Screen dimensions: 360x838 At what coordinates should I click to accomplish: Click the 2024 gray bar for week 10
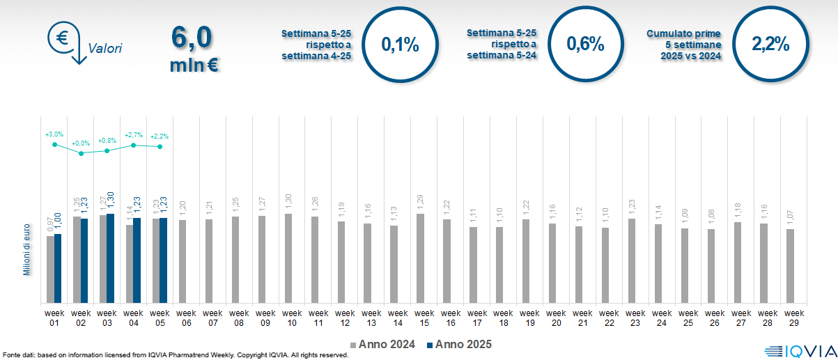pyautogui.click(x=288, y=258)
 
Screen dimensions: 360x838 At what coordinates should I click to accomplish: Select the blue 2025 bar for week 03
pyautogui.click(x=110, y=258)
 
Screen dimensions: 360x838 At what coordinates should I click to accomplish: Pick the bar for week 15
pyautogui.click(x=420, y=258)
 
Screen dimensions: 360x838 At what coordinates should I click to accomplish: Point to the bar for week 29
pyautogui.click(x=790, y=266)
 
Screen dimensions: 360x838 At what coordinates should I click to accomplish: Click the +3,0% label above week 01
pyautogui.click(x=54, y=134)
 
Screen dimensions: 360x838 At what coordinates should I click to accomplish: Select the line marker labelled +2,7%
pyautogui.click(x=133, y=145)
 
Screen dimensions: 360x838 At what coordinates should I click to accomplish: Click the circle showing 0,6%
pyautogui.click(x=585, y=45)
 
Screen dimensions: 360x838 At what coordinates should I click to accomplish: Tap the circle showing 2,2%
pyautogui.click(x=770, y=45)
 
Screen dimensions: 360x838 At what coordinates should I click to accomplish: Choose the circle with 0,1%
pyautogui.click(x=400, y=45)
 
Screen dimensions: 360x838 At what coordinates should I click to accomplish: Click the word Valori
pyautogui.click(x=105, y=49)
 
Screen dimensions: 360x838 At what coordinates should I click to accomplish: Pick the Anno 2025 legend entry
pyautogui.click(x=459, y=345)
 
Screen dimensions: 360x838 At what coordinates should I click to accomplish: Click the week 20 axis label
pyautogui.click(x=556, y=318)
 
